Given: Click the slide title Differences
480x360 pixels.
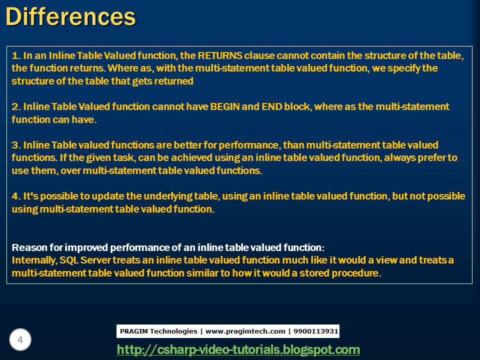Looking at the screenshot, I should pyautogui.click(x=70, y=16).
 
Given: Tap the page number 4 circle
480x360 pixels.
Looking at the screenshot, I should pyautogui.click(x=20, y=340).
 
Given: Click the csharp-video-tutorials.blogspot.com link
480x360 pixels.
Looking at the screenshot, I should pyautogui.click(x=238, y=349).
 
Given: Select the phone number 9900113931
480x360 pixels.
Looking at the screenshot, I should pyautogui.click(x=316, y=331).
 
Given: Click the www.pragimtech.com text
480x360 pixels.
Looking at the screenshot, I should pyautogui.click(x=245, y=331).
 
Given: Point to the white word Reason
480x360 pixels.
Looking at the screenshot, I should pyautogui.click(x=29, y=247).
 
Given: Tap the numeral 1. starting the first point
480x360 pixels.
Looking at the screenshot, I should pyautogui.click(x=15, y=55).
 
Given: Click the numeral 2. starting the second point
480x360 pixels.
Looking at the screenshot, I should pyautogui.click(x=15, y=106).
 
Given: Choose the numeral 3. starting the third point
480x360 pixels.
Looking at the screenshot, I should pyautogui.click(x=15, y=145).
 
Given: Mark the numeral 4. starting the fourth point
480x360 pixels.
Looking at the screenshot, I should pyautogui.click(x=15, y=196).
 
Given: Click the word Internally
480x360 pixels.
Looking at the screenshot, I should pyautogui.click(x=33, y=260).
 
